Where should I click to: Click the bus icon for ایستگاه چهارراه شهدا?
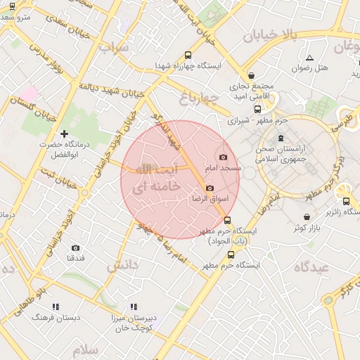click(187, 55)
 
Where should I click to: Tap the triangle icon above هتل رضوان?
click(309, 58)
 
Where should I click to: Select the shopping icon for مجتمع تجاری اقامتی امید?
click(251, 75)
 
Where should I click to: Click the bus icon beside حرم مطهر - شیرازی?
click(258, 109)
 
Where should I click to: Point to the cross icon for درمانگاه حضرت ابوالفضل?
click(64, 133)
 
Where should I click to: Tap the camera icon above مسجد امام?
click(224, 157)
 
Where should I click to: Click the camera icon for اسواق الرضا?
click(210, 188)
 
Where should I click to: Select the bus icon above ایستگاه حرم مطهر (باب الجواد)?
click(226, 220)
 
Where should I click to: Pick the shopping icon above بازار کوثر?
click(306, 217)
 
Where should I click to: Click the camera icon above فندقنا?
click(75, 247)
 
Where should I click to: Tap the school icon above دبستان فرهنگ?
click(56, 307)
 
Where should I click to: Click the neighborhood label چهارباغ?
click(195, 96)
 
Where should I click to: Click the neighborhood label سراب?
click(114, 48)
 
